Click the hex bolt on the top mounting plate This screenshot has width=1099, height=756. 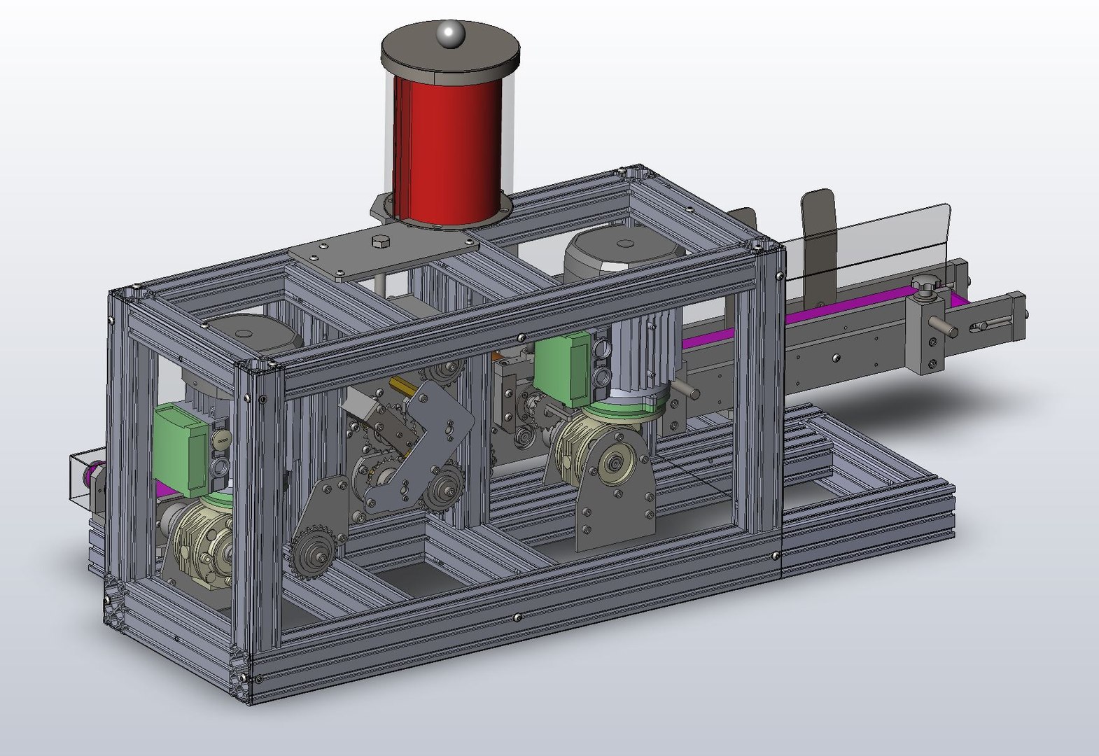click(x=380, y=243)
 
